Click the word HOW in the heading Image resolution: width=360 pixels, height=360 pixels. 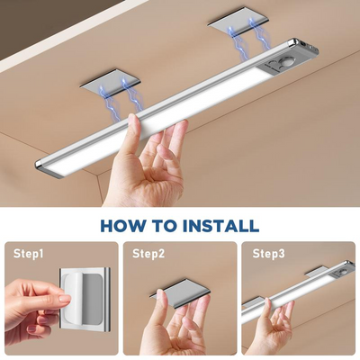124,225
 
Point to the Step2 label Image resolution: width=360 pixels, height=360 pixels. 148,254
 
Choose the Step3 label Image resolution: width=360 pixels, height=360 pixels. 269,254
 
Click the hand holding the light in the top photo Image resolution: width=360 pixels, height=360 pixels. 153,166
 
